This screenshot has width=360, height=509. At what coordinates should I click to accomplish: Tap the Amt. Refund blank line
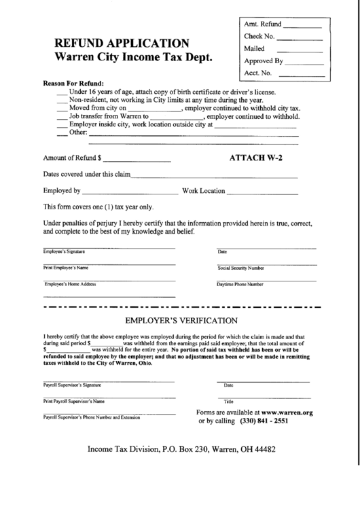point(297,27)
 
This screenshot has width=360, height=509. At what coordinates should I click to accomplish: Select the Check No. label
point(259,37)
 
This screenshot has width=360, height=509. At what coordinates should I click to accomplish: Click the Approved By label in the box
point(263,60)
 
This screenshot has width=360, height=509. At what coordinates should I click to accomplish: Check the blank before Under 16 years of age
point(62,92)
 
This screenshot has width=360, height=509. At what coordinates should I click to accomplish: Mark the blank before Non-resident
point(62,100)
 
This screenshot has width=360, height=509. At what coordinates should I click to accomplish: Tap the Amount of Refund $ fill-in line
point(137,160)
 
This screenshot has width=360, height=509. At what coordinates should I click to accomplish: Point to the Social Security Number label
point(240,268)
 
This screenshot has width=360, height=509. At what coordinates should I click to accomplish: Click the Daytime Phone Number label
point(240,284)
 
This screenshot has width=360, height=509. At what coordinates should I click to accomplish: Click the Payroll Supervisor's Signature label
point(72,385)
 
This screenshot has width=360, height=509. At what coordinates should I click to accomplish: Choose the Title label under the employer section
point(229,401)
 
